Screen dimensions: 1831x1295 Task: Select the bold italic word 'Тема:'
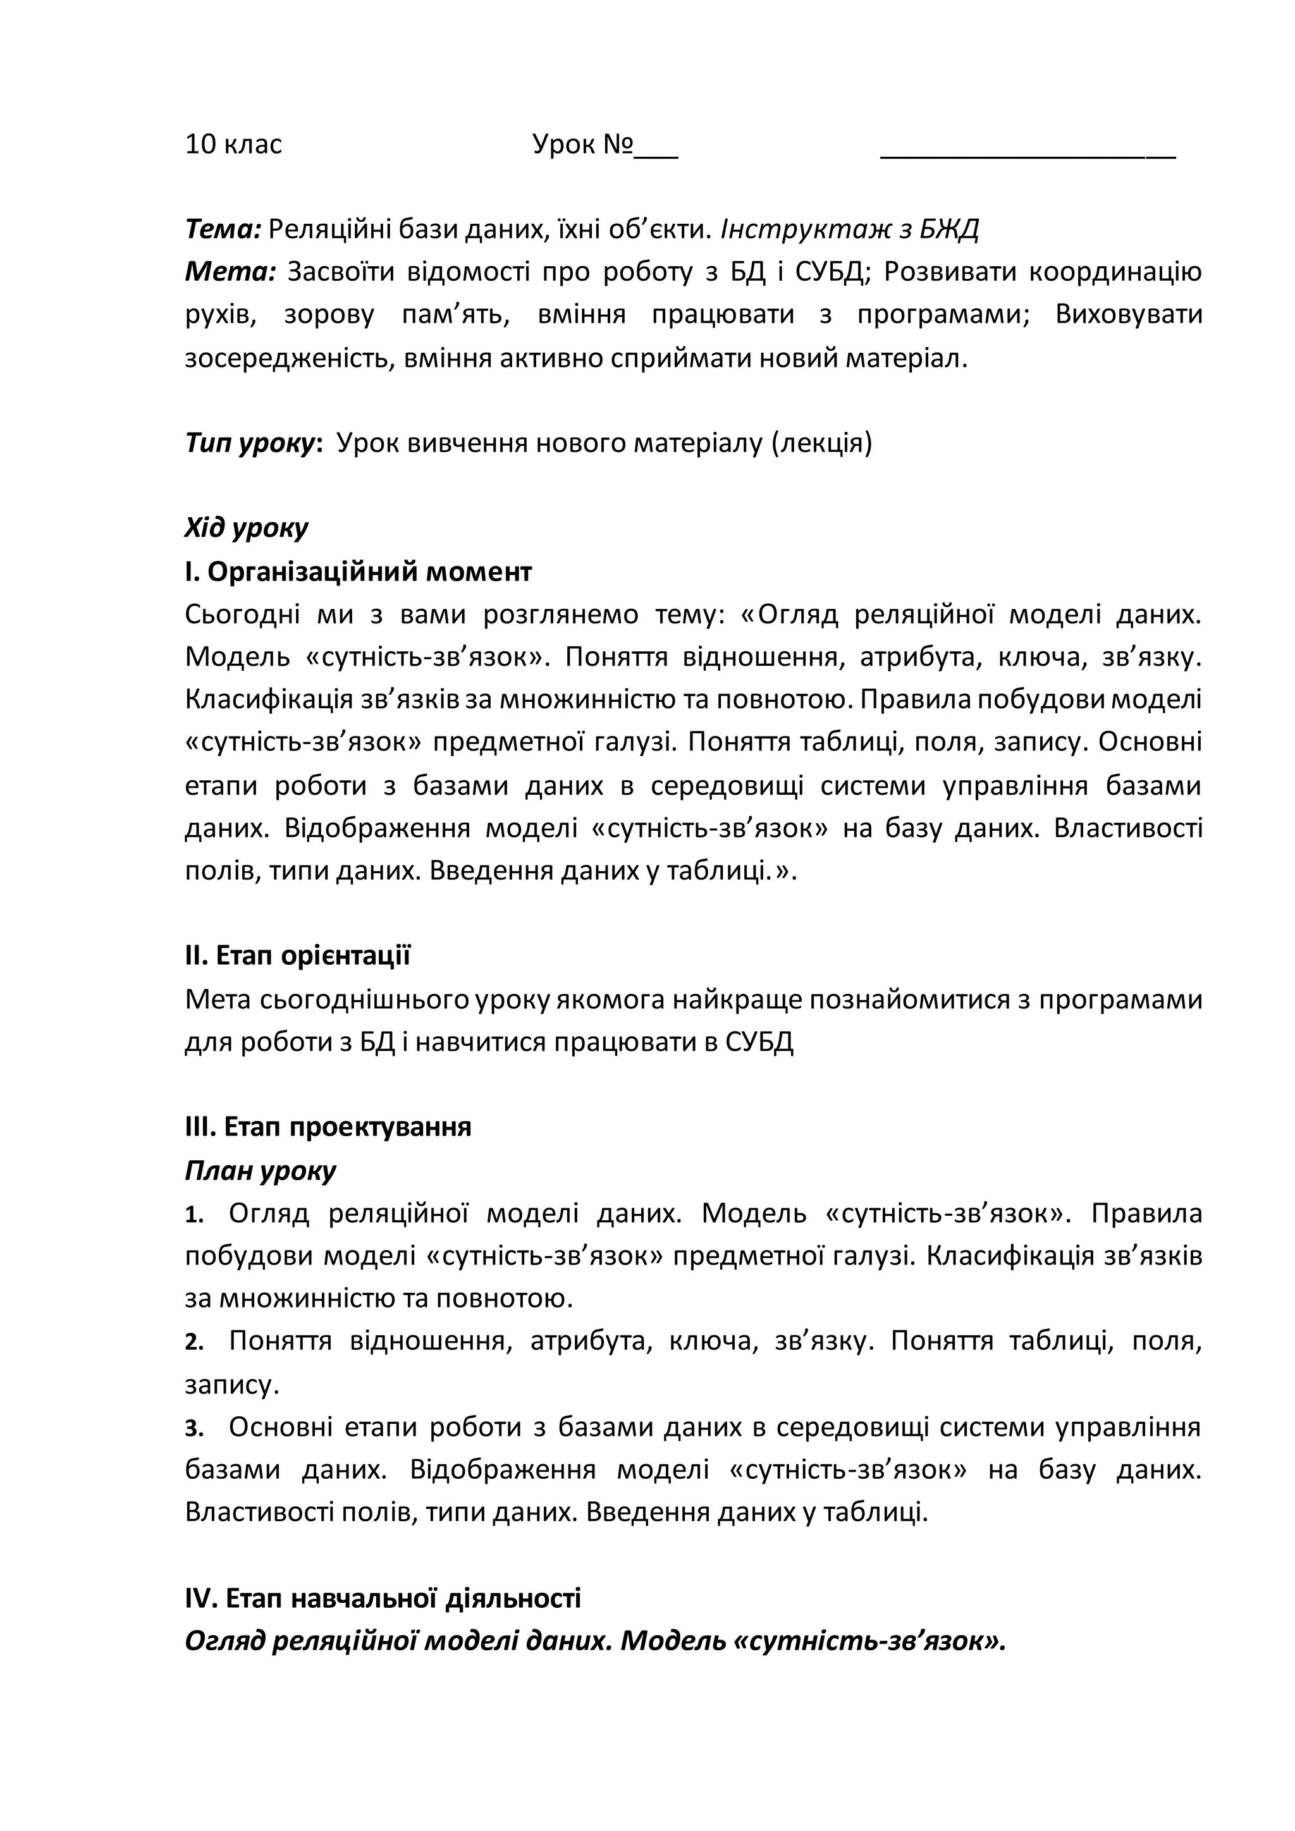223,230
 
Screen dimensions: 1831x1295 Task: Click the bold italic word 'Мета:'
230,273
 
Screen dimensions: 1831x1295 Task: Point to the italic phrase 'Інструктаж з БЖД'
849,230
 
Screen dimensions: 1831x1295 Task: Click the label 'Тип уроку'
250,443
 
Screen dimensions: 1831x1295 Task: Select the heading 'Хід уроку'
247,528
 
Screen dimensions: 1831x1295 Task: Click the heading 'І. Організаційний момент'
358,572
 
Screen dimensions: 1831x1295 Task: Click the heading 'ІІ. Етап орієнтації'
297,955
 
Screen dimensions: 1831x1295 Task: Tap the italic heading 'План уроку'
260,1170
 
